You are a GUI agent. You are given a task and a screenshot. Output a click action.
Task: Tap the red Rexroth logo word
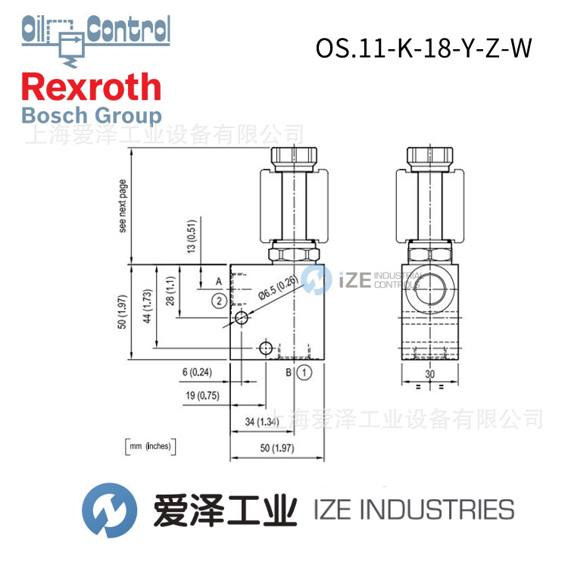point(91,87)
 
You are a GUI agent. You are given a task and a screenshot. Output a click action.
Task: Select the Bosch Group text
point(91,116)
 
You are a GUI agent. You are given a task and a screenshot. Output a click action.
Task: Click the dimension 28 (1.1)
point(170,292)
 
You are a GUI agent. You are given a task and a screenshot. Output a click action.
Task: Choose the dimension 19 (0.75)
point(202,395)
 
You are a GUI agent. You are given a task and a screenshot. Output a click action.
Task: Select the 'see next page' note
point(123,206)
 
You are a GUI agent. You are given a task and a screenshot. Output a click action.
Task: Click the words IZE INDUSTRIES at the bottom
point(413,509)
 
